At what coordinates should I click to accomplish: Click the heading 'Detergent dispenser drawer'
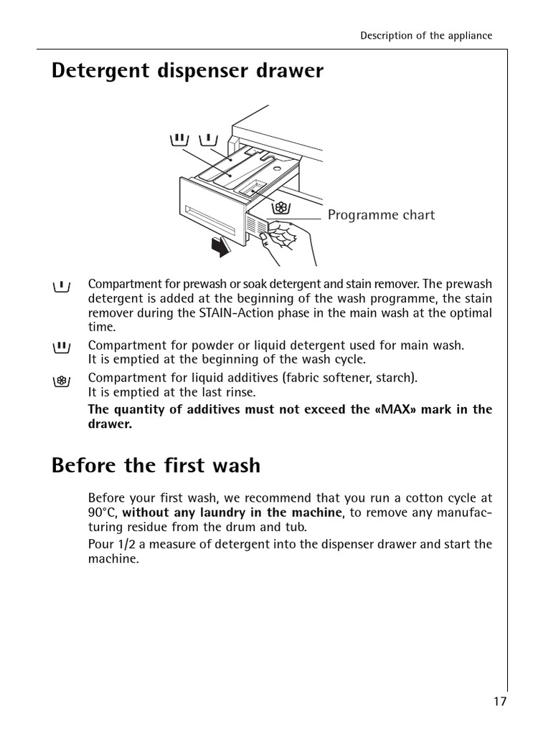[187, 72]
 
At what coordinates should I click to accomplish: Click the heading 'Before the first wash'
[156, 466]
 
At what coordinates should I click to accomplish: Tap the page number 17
[499, 701]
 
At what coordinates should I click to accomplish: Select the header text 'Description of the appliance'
[426, 36]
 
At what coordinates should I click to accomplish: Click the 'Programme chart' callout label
[381, 215]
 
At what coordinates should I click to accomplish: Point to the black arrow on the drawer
[220, 247]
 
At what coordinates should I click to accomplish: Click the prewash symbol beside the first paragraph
[62, 286]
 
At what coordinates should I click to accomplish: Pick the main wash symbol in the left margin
[62, 347]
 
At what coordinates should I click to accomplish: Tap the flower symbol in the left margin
[62, 381]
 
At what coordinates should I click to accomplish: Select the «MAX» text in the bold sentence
[387, 409]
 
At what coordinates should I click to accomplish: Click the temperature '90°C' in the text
[103, 512]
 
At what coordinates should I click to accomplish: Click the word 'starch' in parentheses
[397, 377]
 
